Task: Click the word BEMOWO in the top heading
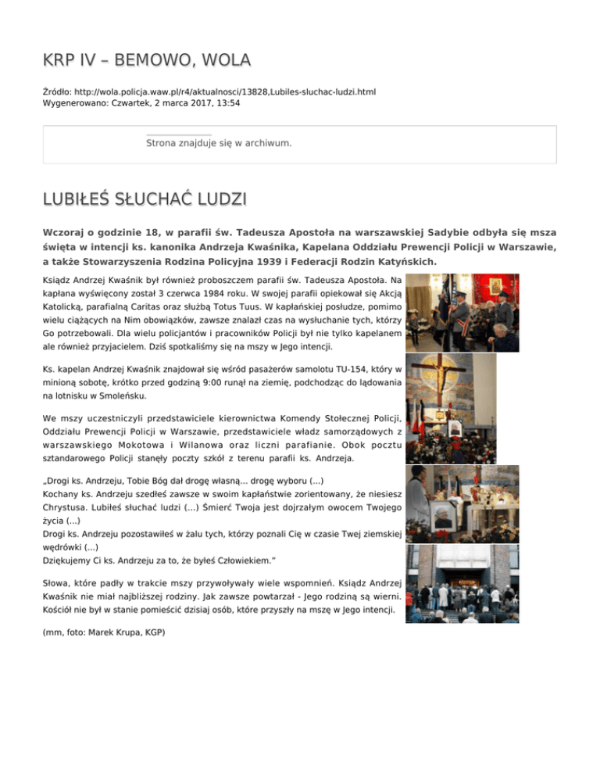(146, 60)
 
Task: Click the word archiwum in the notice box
(267, 143)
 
